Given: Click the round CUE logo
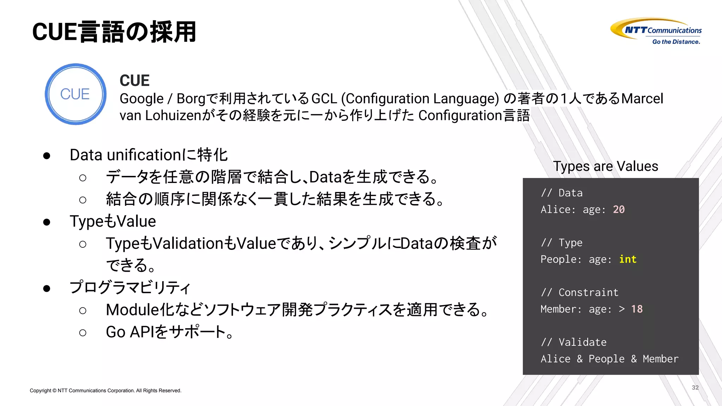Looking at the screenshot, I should pyautogui.click(x=75, y=94).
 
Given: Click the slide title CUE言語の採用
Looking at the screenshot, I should pyautogui.click(x=114, y=32).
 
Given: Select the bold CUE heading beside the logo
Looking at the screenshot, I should pyautogui.click(x=134, y=81).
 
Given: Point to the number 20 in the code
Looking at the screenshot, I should pyautogui.click(x=619, y=209).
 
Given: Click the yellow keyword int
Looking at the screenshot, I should pyautogui.click(x=628, y=259).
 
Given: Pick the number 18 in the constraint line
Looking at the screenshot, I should pyautogui.click(x=637, y=309).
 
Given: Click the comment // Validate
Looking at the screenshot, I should pyautogui.click(x=574, y=342).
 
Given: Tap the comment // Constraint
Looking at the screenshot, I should pyautogui.click(x=580, y=293).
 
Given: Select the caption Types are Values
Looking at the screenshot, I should pyautogui.click(x=605, y=166).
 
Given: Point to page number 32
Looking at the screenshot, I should pyautogui.click(x=695, y=387).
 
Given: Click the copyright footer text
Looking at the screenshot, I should pyautogui.click(x=105, y=390).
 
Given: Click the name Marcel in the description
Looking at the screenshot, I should pyautogui.click(x=642, y=99).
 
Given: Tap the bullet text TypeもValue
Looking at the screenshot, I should pyautogui.click(x=113, y=221).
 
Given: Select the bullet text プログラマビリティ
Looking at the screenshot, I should pyautogui.click(x=130, y=288).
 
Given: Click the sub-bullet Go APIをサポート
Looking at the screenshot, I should pyautogui.click(x=169, y=332).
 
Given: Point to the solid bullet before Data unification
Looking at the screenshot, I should pyautogui.click(x=47, y=155).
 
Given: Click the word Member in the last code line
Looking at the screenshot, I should pyautogui.click(x=660, y=359).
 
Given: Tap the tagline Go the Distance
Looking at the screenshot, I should pyautogui.click(x=676, y=42).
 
